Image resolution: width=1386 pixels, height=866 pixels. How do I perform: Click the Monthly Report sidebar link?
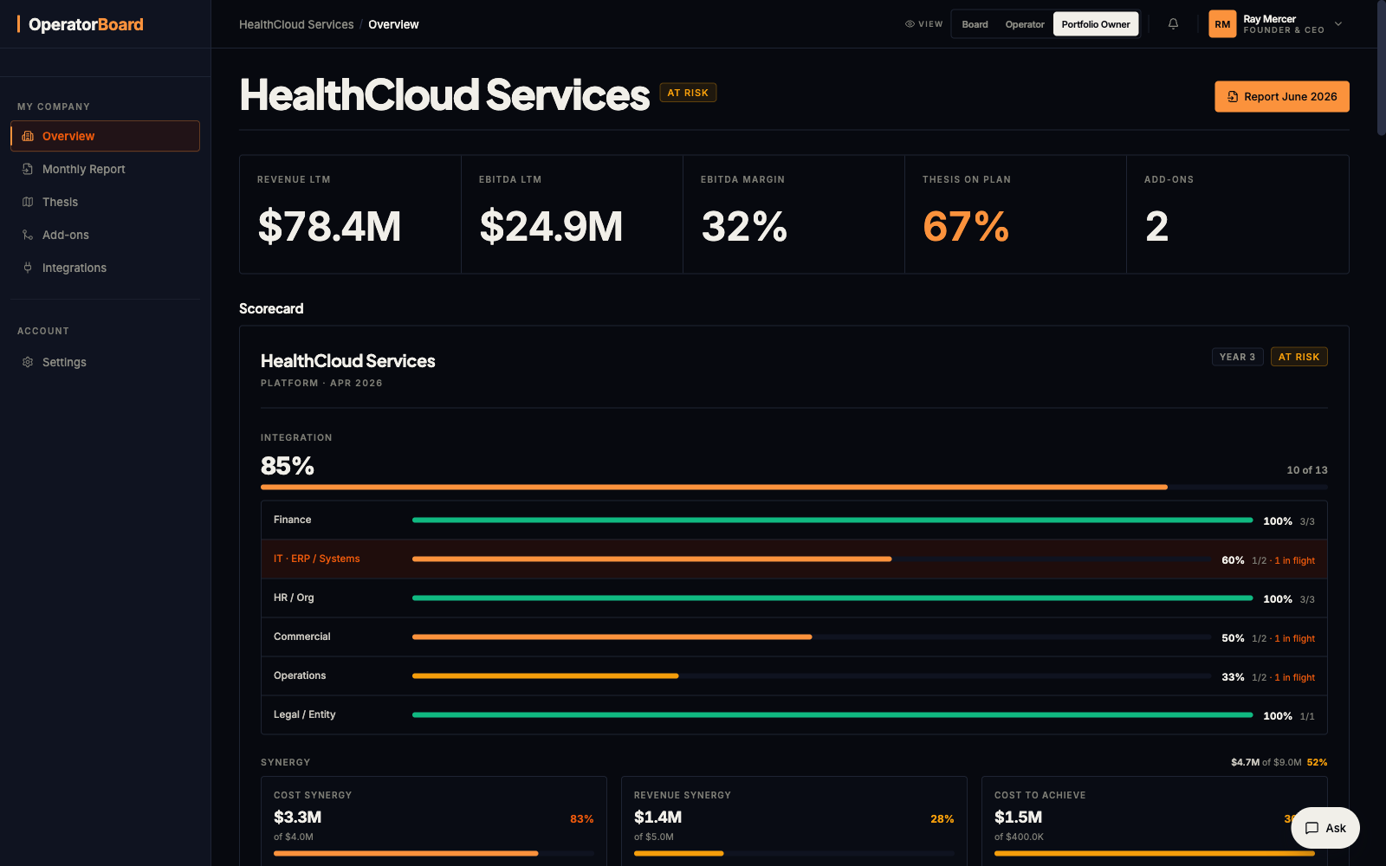coord(83,169)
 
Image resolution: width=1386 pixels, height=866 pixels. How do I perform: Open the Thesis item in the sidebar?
coord(60,202)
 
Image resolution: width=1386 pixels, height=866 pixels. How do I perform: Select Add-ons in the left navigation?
coord(66,235)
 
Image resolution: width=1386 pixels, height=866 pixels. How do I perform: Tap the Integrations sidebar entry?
coord(74,268)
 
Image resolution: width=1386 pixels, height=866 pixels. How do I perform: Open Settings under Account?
coord(64,362)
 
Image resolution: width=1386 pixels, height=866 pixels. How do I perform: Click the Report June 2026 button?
coord(1281,96)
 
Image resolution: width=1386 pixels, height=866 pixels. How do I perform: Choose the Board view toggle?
coord(975,24)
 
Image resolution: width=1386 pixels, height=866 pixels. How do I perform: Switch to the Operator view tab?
coord(1025,24)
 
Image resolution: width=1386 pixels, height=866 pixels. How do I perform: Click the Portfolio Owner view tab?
coord(1096,24)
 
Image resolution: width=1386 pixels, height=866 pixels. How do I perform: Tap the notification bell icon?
coord(1173,23)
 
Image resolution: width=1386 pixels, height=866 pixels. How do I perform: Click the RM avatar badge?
coord(1222,24)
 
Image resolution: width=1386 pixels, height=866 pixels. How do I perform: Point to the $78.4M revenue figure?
coord(329,226)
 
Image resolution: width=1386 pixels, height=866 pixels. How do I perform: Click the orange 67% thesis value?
coord(966,226)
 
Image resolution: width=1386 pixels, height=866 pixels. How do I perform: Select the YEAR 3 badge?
coord(1238,357)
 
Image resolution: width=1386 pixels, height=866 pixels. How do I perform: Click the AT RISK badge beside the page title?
coord(688,93)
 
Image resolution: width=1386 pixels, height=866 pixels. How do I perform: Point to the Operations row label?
coord(300,675)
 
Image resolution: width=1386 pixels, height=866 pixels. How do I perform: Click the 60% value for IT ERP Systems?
coord(1233,559)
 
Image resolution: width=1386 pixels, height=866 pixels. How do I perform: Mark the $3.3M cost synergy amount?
coord(298,818)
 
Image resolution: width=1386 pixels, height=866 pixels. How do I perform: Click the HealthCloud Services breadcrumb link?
coord(296,24)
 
